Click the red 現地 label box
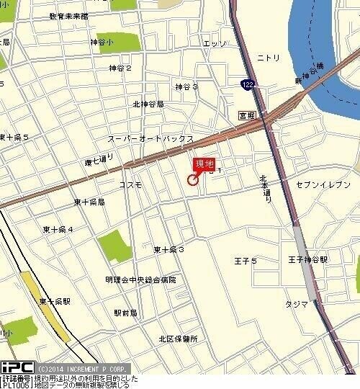coord(204,164)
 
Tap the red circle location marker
coord(193,180)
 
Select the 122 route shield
coord(247,84)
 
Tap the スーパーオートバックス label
coord(150,138)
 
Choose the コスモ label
coord(130,184)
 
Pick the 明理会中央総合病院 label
coord(140,280)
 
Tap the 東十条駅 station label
coord(55,301)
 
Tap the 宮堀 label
coord(247,114)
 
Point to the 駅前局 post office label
coord(126,313)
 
